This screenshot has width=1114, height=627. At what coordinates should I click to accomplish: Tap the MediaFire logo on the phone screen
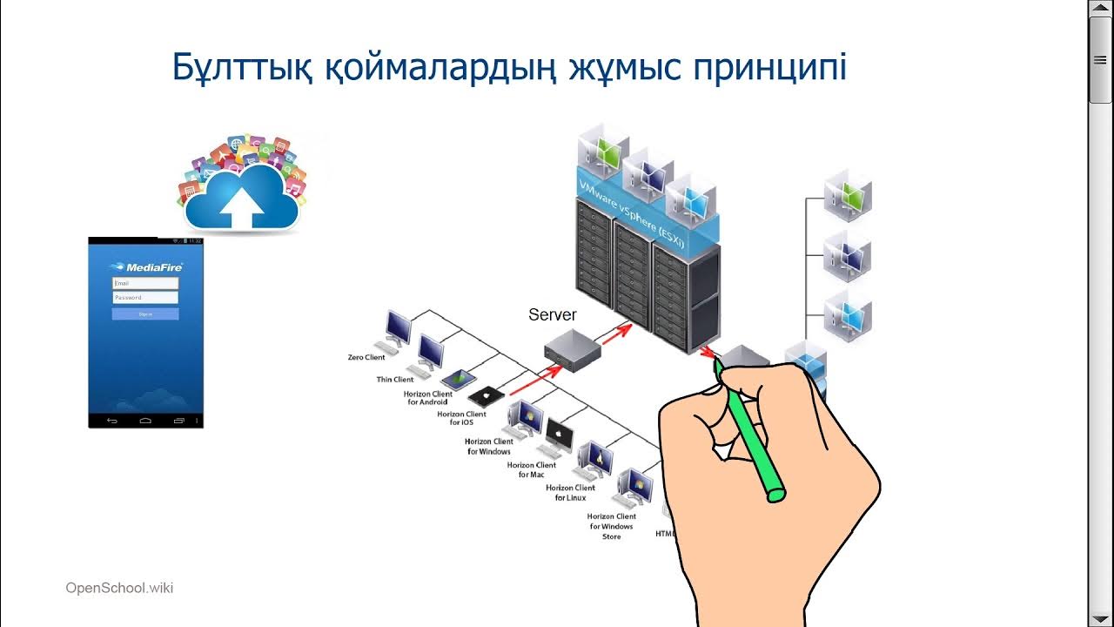coord(145,267)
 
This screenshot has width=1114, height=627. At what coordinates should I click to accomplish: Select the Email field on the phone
coord(145,283)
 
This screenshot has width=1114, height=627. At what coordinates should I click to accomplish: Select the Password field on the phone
coord(145,298)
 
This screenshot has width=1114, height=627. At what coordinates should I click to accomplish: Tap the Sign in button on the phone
coord(145,313)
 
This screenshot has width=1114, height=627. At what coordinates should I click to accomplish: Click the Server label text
coord(552,315)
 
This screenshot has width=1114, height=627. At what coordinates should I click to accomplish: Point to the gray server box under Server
coord(573,351)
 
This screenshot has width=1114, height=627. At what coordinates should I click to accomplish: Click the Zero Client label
coord(366,358)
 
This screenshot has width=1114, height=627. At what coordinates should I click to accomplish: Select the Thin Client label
coord(395,380)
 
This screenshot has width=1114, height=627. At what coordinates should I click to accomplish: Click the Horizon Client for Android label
coord(428,398)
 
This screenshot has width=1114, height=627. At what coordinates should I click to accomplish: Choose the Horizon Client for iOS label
coord(461,418)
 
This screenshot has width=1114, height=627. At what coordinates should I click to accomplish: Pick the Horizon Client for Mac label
coord(532,469)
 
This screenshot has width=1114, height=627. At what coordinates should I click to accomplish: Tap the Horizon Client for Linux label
coord(571,493)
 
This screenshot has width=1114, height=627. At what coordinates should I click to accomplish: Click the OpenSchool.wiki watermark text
coord(119,588)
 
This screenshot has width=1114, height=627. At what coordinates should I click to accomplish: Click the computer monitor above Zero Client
coord(399,328)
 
